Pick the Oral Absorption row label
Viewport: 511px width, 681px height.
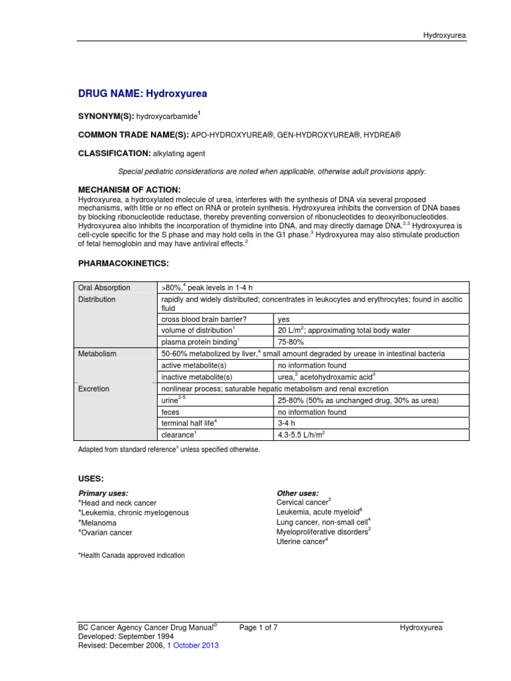(x=104, y=288)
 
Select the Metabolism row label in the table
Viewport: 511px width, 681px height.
(x=97, y=354)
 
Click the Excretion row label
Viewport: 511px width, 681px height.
(x=94, y=388)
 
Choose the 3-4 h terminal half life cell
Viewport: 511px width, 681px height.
(x=287, y=424)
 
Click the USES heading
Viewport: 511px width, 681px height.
(x=90, y=479)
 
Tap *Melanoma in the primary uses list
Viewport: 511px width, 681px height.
(x=98, y=523)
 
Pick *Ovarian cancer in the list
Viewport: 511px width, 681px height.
(x=105, y=533)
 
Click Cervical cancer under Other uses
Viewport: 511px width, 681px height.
(x=303, y=502)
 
